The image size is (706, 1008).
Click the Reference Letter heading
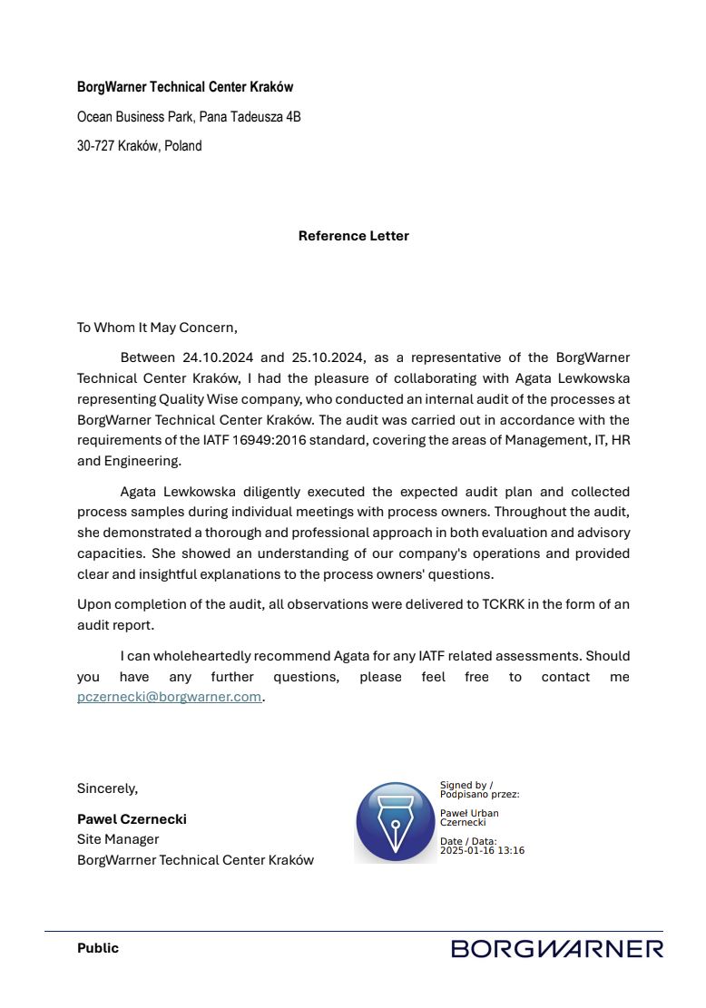point(353,236)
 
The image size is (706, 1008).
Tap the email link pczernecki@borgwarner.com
point(169,698)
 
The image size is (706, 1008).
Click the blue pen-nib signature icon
point(395,822)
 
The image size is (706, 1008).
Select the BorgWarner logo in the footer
point(557,949)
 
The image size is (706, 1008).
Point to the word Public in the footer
point(97,948)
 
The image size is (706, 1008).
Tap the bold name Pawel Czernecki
point(132,819)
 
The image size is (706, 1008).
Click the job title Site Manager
point(118,839)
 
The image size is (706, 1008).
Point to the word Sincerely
point(107,788)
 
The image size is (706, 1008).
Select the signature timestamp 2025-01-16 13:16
point(482,851)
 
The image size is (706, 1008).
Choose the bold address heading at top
point(185,87)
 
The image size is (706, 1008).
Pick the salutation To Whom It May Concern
point(157,328)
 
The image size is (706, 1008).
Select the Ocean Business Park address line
point(189,117)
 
